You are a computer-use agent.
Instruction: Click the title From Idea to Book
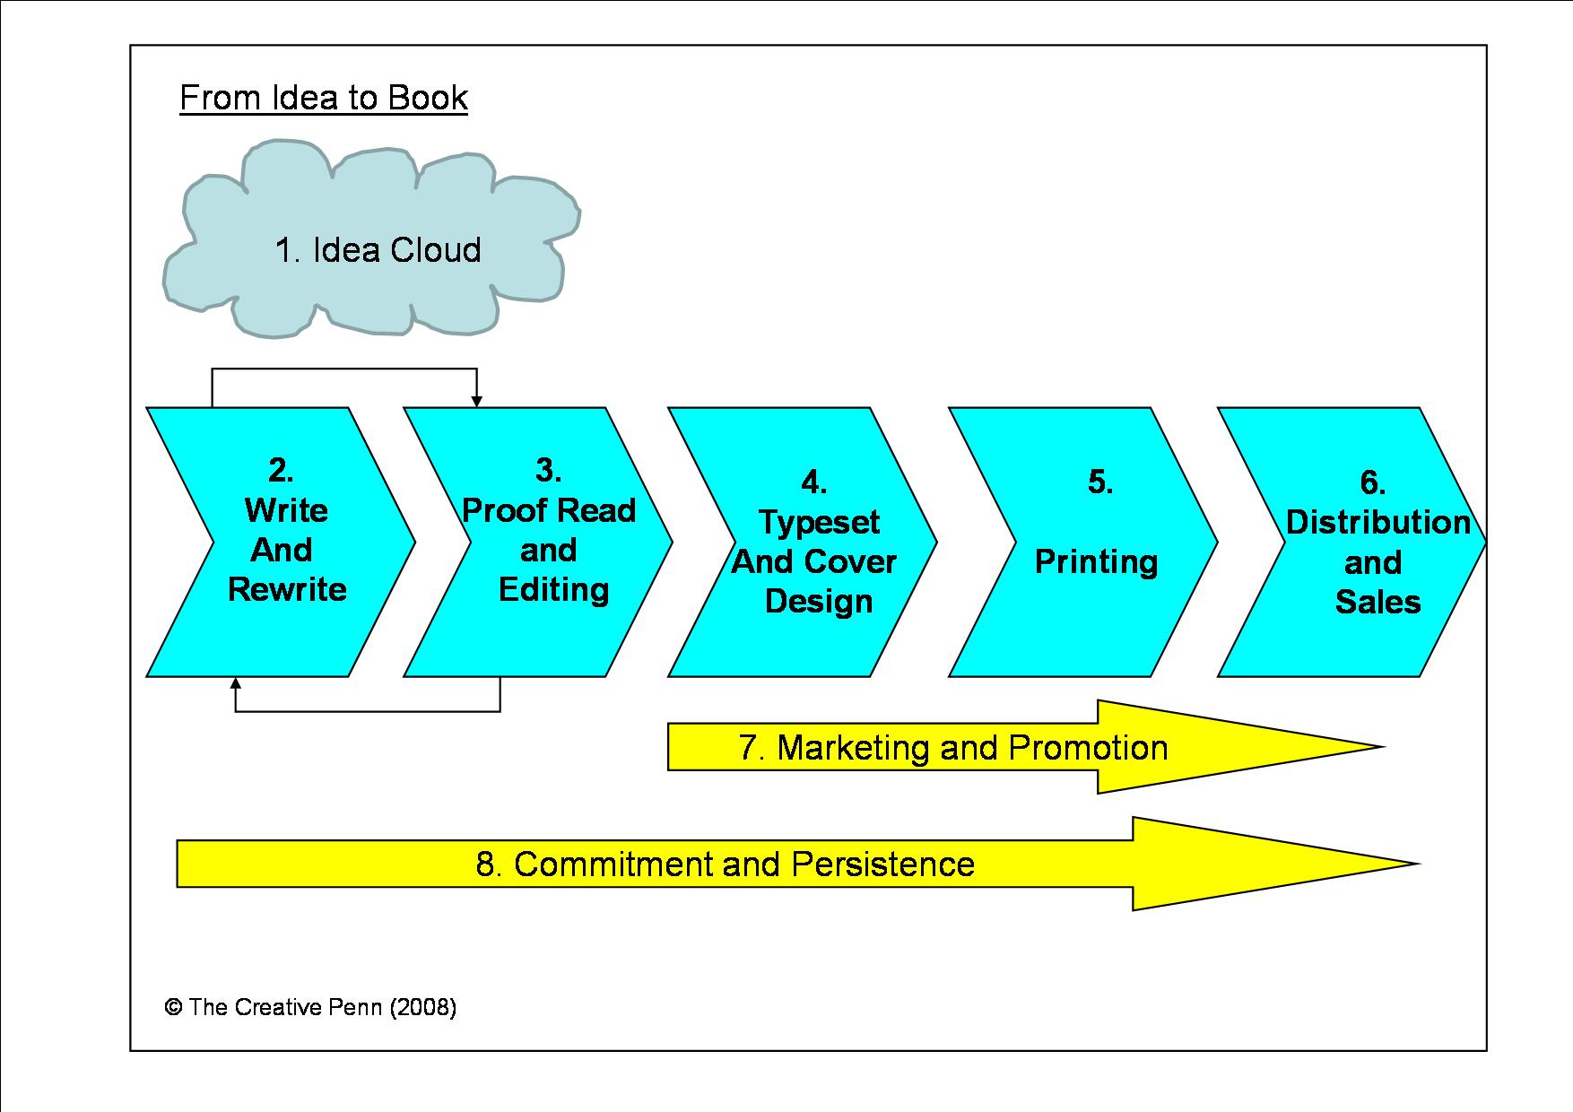324,98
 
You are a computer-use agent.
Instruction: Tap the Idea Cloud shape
377,249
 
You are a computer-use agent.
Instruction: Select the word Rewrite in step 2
287,589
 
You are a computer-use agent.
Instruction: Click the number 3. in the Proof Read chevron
548,470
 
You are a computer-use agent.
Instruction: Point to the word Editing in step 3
553,589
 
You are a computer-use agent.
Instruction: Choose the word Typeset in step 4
819,522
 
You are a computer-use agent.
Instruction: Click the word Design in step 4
819,601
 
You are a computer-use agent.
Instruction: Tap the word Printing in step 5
1096,562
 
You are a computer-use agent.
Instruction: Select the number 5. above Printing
1100,482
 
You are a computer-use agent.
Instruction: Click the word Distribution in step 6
1377,522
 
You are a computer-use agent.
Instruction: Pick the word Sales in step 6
1377,602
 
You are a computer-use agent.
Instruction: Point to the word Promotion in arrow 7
1088,748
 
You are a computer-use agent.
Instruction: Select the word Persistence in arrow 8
882,864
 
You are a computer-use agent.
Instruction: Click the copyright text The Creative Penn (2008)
310,1007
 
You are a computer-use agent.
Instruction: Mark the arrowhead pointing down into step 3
477,401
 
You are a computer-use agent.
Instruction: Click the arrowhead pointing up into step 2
236,683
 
